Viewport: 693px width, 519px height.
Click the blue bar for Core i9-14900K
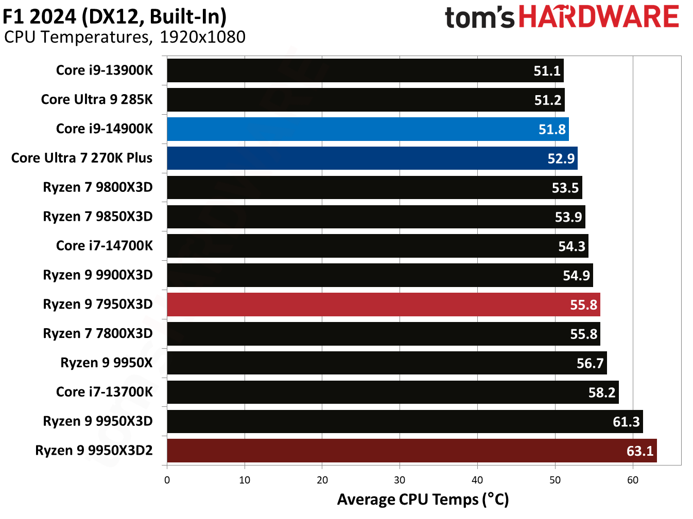[x=368, y=129]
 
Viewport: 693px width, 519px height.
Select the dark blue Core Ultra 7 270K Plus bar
[x=372, y=158]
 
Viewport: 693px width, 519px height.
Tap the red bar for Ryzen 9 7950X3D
[x=383, y=305]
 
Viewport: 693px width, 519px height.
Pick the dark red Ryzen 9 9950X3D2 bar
[x=411, y=451]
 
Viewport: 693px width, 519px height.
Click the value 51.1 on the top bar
[x=547, y=71]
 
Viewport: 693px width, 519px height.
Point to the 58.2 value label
[x=601, y=393]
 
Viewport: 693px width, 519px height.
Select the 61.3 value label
[x=626, y=422]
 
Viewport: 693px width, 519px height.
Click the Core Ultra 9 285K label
[x=97, y=99]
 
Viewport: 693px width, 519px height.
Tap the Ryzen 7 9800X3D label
[x=98, y=187]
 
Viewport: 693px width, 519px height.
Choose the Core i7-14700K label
[x=105, y=246]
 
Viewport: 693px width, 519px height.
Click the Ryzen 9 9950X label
[x=107, y=363]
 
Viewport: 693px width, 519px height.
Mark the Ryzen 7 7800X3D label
[x=98, y=334]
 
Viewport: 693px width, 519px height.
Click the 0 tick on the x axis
[x=167, y=480]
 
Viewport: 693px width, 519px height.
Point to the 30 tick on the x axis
[x=400, y=480]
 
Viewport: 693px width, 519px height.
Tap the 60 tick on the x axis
[x=632, y=480]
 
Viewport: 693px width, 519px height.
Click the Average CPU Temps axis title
[x=423, y=499]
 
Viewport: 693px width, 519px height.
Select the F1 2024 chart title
[x=114, y=16]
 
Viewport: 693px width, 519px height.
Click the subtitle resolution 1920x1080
[x=202, y=37]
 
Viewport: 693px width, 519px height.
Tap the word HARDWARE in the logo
[x=598, y=17]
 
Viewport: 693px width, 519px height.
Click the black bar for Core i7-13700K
[x=392, y=392]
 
